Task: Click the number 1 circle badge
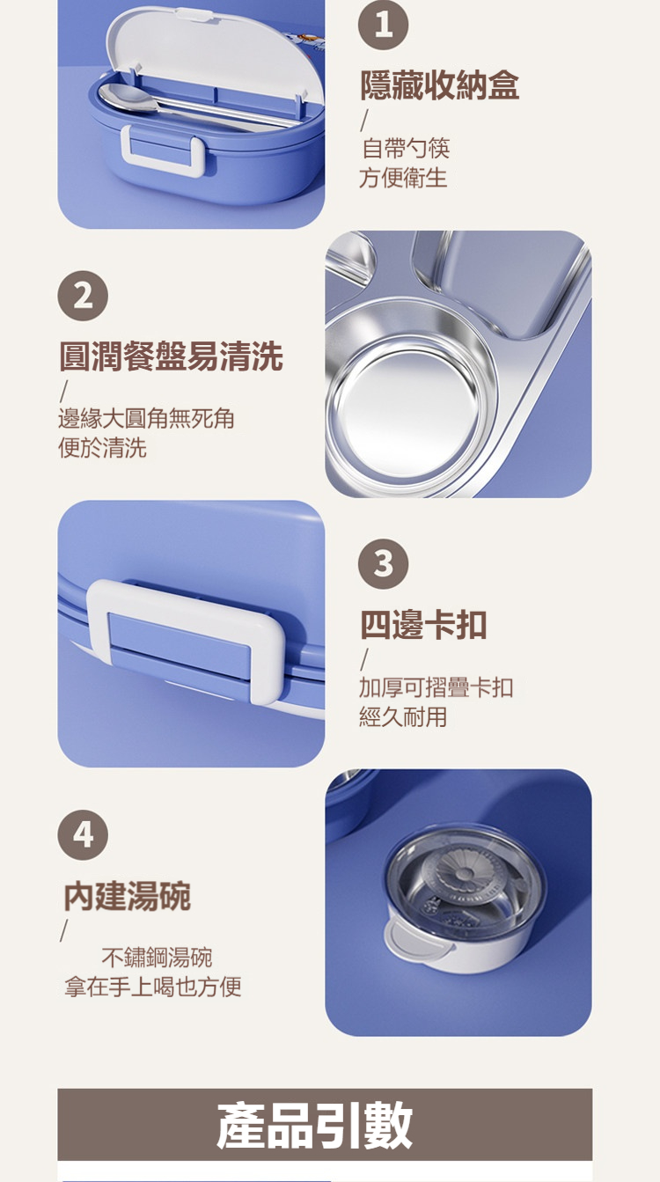[383, 25]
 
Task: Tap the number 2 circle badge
[83, 296]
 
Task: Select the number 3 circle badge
[383, 564]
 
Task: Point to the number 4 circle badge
[83, 834]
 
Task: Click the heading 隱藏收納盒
[439, 85]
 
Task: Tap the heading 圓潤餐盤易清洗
[171, 356]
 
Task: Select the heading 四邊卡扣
[423, 625]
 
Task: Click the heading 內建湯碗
[127, 896]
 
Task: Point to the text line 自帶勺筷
[406, 148]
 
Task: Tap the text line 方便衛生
[403, 177]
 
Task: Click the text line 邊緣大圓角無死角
[146, 418]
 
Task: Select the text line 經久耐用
[403, 716]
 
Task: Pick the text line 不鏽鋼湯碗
[157, 958]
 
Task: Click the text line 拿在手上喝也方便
[153, 987]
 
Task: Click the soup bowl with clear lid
[466, 897]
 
